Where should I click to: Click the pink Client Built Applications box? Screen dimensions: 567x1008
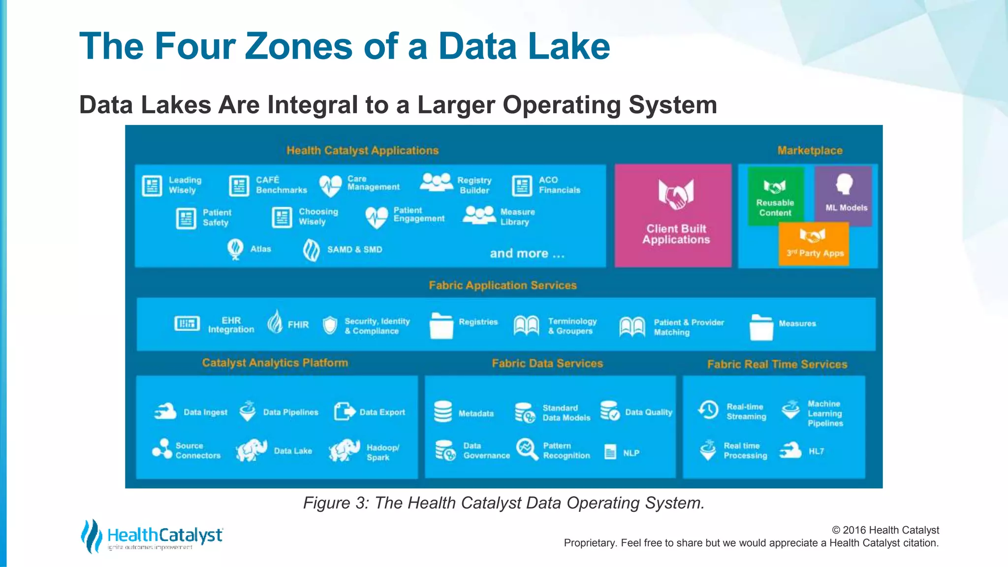click(673, 216)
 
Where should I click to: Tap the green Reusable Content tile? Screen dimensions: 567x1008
click(775, 196)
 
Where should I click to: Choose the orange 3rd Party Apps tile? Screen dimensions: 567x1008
click(814, 244)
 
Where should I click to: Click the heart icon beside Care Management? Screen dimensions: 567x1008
click(330, 186)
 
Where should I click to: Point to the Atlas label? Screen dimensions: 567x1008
click(260, 249)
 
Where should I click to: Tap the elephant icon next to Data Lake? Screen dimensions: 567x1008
click(251, 450)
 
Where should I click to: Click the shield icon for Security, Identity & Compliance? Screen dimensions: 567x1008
click(330, 325)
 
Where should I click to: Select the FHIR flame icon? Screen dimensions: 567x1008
click(275, 322)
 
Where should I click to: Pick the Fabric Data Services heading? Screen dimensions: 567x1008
click(547, 364)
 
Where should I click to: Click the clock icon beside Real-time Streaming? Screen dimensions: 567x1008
click(708, 410)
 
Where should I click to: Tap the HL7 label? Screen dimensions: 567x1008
click(816, 451)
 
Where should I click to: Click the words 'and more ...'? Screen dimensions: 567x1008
click(527, 253)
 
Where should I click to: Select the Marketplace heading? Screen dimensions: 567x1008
click(810, 151)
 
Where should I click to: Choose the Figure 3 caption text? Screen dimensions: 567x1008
click(504, 503)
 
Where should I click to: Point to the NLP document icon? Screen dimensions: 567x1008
click(610, 452)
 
